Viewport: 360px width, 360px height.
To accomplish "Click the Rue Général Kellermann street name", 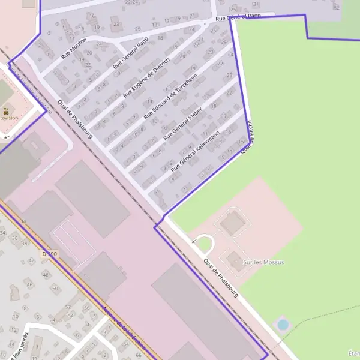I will click(x=196, y=151).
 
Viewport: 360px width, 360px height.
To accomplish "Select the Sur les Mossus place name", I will click(x=263, y=262).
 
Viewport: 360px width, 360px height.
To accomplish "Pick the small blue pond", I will click(x=283, y=325).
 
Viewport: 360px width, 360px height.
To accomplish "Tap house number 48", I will click(x=46, y=274).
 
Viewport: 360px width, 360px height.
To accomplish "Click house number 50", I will click(x=55, y=289).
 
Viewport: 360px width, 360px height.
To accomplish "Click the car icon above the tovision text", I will click(x=5, y=110).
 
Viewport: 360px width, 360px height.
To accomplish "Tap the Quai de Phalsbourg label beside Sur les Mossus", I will click(x=221, y=277).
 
